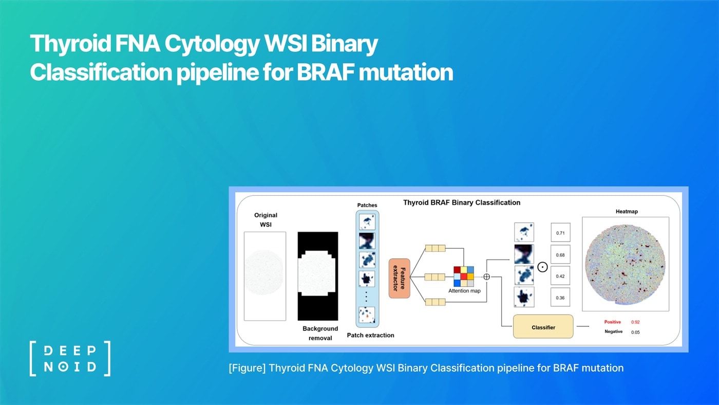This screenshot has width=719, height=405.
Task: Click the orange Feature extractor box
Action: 399,278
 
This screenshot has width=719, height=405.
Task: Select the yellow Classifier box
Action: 543,327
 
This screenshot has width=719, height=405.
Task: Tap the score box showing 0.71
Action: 560,233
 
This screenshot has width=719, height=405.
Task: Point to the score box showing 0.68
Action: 560,255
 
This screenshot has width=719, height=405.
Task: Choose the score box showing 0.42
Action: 560,276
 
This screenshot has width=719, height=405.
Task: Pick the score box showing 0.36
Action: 560,298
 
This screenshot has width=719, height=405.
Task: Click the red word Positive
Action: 613,322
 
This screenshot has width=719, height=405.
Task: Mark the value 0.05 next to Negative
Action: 636,332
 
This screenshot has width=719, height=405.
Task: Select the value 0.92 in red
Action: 636,322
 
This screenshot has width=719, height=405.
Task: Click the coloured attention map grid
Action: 464,276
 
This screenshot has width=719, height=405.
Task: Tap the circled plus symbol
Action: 487,277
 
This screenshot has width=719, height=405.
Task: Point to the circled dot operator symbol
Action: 542,267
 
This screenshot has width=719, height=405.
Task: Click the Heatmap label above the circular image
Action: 626,211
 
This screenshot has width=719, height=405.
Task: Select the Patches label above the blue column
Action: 367,205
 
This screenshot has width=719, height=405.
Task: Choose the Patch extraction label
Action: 371,335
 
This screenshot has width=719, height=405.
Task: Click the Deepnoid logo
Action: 70,359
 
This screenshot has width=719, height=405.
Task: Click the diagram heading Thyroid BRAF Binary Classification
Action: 462,202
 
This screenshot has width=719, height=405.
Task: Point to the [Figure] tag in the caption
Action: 247,368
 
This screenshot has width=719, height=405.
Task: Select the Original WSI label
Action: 266,220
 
